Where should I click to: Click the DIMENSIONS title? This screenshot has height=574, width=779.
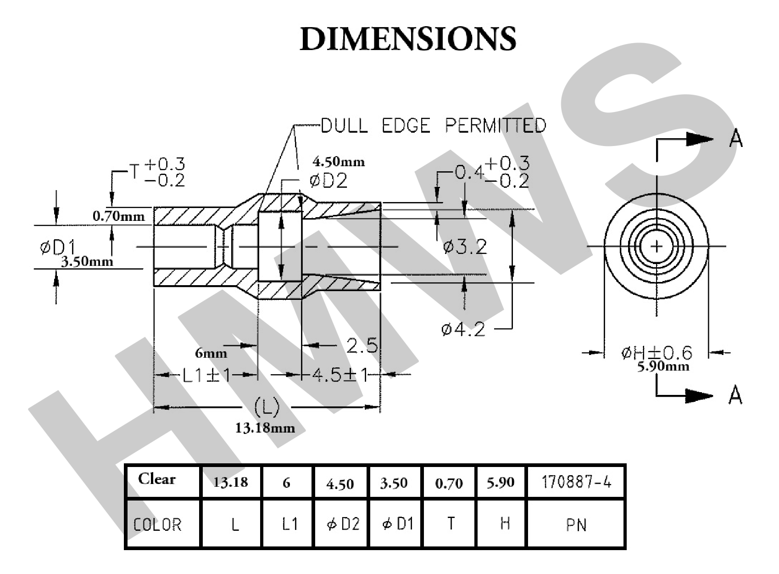pos(408,39)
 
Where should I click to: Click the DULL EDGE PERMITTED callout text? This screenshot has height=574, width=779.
pos(433,125)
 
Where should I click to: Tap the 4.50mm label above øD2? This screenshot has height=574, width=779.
pos(339,162)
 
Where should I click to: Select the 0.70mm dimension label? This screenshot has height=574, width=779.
pos(118,215)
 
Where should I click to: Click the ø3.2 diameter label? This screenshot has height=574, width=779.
pos(465,247)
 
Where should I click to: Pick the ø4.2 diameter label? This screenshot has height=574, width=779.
pos(463,329)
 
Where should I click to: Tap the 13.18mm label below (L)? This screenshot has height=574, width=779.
pos(265,428)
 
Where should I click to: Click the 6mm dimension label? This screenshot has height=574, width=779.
pos(211,353)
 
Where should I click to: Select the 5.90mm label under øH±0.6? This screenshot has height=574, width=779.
pos(663,366)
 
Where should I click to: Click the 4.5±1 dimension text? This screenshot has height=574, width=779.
pos(340,375)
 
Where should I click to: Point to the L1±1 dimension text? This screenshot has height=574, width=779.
pos(207,376)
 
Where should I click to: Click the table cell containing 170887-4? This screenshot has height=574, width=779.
pos(576,482)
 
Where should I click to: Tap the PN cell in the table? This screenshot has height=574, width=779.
pos(576,524)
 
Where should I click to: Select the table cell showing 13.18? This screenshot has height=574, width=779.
pos(231,482)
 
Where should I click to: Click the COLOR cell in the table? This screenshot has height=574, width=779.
pos(157,524)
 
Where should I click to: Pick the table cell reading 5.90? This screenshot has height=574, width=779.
pos(500,482)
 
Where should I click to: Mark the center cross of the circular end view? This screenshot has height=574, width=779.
pos(657,247)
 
